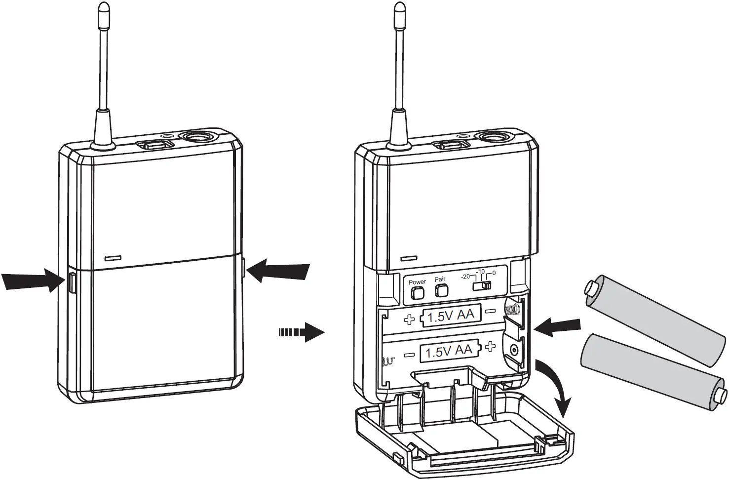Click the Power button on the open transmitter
(418, 293)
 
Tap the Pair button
(440, 291)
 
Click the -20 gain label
(465, 277)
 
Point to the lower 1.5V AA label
(449, 352)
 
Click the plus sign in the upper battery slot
(409, 320)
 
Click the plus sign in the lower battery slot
(490, 347)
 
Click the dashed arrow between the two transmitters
(301, 332)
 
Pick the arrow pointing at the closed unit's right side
(279, 271)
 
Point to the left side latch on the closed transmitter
(71, 283)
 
